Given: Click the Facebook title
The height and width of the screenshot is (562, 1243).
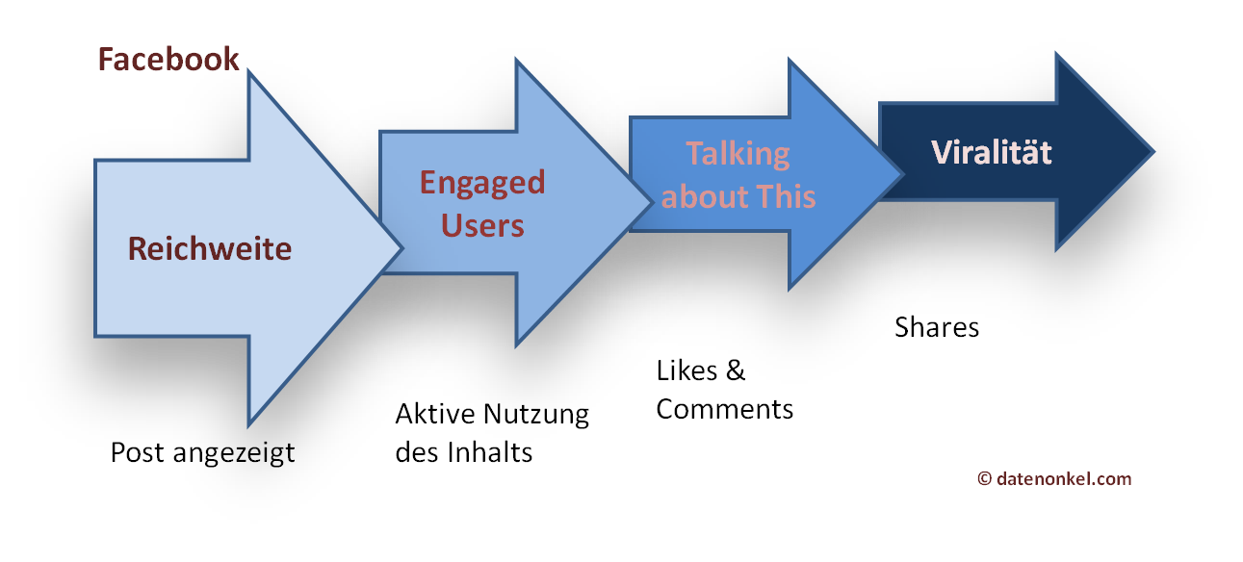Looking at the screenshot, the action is pyautogui.click(x=168, y=60).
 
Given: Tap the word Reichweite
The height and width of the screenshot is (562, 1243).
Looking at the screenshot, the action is pyautogui.click(x=210, y=248).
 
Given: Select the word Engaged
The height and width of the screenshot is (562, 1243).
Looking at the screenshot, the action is pyautogui.click(x=482, y=184).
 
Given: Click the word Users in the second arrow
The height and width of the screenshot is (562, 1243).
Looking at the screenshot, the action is pyautogui.click(x=482, y=226).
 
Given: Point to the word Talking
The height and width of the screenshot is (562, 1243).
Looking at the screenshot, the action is pyautogui.click(x=738, y=155).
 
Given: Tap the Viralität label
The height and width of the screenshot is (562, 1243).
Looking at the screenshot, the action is pyautogui.click(x=992, y=152).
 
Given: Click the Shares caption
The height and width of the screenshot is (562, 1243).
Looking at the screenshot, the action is pyautogui.click(x=937, y=327).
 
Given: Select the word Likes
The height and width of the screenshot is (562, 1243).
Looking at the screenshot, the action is pyautogui.click(x=686, y=370).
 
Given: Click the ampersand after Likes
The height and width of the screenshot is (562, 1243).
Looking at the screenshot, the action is pyautogui.click(x=736, y=370).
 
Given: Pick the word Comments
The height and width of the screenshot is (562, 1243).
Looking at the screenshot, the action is pyautogui.click(x=725, y=409).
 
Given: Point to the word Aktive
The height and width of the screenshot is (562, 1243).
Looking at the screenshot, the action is pyautogui.click(x=435, y=413).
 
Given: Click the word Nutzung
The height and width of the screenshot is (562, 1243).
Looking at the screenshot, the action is pyautogui.click(x=536, y=415).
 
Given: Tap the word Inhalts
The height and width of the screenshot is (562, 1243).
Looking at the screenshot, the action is pyautogui.click(x=490, y=451).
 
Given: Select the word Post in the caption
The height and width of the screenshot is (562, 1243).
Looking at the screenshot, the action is pyautogui.click(x=137, y=452).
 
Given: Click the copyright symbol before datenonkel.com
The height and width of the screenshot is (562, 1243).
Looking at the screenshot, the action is pyautogui.click(x=984, y=478).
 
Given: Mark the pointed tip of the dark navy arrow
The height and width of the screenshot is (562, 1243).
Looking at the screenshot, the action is pyautogui.click(x=1154, y=151).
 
